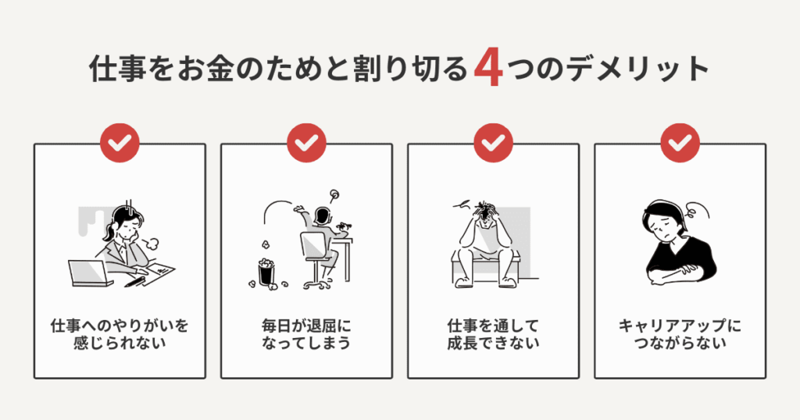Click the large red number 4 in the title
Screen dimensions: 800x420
(488, 69)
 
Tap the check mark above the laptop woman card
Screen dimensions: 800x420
(120, 143)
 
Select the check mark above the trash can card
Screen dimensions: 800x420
(306, 143)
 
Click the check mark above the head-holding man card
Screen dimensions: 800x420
(494, 143)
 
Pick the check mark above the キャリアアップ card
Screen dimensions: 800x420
(680, 143)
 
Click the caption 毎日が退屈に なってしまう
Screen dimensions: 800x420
(306, 334)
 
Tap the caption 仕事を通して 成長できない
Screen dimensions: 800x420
(494, 334)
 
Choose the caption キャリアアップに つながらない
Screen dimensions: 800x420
(680, 334)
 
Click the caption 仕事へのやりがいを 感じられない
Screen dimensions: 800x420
(120, 334)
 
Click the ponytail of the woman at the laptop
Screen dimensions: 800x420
(108, 232)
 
